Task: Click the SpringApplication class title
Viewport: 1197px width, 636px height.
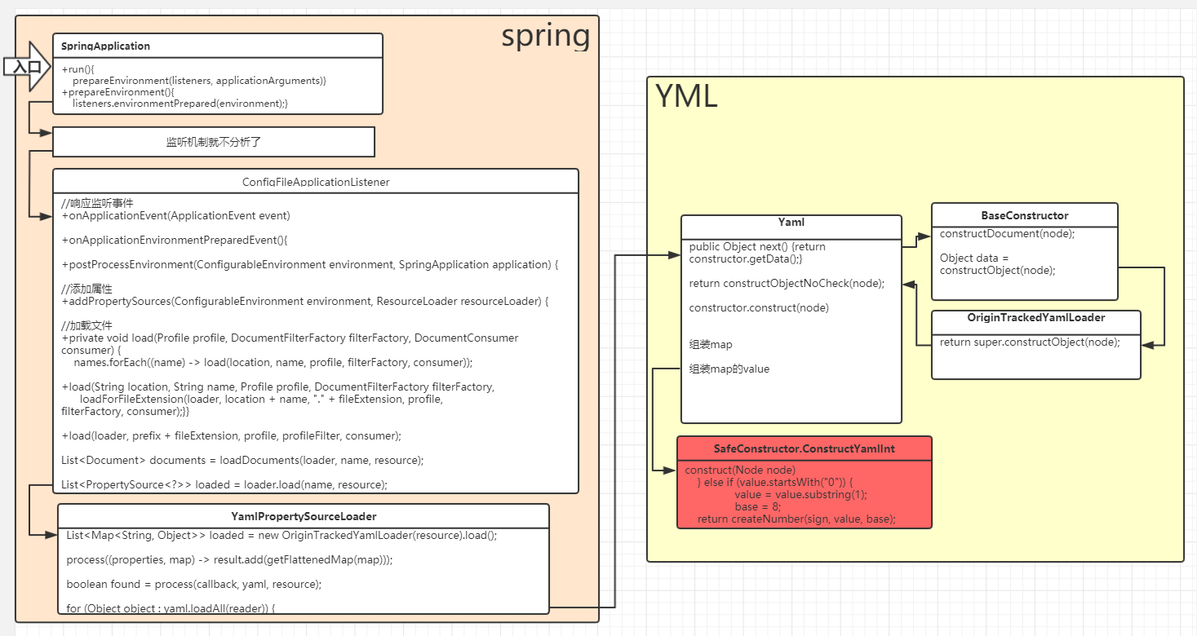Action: (x=105, y=46)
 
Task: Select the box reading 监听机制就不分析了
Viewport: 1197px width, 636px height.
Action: (x=214, y=142)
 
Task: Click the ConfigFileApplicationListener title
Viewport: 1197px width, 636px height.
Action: (x=316, y=182)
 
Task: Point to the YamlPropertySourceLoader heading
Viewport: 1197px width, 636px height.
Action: (x=304, y=516)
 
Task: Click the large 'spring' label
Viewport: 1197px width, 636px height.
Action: (x=545, y=36)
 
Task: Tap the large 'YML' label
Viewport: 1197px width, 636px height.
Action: (x=686, y=97)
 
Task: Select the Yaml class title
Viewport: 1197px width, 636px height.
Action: (x=791, y=222)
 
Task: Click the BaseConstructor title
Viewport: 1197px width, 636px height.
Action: (x=1024, y=215)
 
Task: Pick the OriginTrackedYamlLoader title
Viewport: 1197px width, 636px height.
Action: (x=1035, y=317)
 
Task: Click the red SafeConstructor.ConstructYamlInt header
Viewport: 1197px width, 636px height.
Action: (x=804, y=448)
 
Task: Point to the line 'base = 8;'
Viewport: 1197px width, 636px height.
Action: (x=757, y=506)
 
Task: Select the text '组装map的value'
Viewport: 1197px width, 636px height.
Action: (x=729, y=369)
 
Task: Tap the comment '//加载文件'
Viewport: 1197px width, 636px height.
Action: (x=87, y=325)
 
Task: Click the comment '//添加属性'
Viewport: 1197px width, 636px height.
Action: (x=87, y=289)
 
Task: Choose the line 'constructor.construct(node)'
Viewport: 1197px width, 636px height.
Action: (x=759, y=307)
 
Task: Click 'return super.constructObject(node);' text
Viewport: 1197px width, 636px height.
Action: (x=1030, y=342)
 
